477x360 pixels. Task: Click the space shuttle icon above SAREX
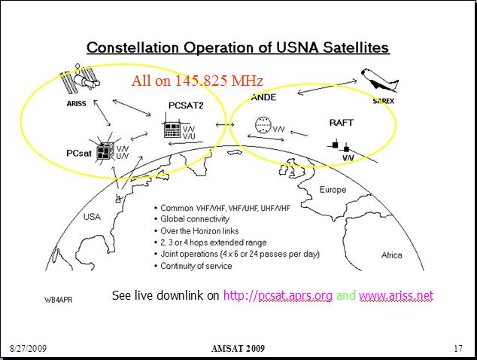[x=379, y=80]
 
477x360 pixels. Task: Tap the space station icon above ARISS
[x=80, y=78]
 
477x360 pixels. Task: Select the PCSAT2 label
[x=186, y=105]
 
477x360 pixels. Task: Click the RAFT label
[x=342, y=123]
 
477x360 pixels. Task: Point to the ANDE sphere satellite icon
[x=263, y=125]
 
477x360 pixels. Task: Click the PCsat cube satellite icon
[x=105, y=150]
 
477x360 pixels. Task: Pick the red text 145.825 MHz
[x=219, y=81]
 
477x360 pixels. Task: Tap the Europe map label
[x=333, y=190]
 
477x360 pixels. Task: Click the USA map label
[x=92, y=217]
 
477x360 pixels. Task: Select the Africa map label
[x=392, y=255]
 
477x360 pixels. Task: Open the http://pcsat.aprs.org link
[x=278, y=295]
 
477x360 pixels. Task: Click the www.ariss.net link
[x=396, y=295]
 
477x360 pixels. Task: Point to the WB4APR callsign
[x=59, y=300]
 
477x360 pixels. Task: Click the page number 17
[x=458, y=348]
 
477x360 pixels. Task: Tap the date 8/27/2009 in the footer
[x=29, y=348]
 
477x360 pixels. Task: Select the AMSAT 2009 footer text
[x=238, y=348]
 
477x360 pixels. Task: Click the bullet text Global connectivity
[x=195, y=219]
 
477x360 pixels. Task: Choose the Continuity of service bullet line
[x=196, y=266]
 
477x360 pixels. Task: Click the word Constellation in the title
[x=132, y=47]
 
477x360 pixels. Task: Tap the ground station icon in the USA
[x=119, y=198]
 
